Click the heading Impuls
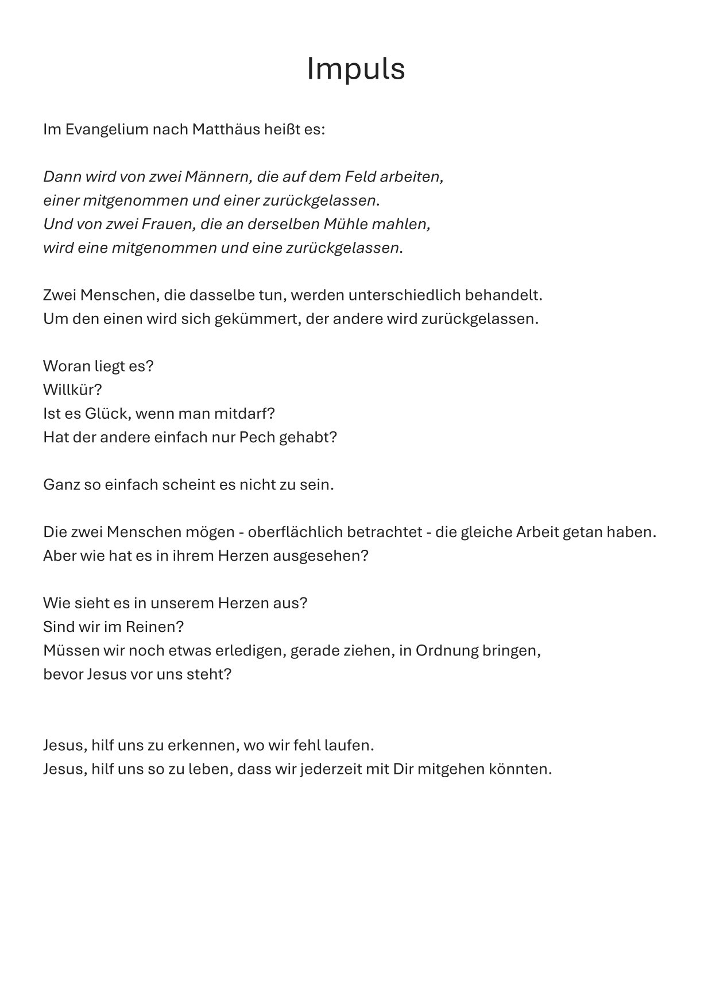pos(355,69)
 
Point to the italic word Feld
pos(360,176)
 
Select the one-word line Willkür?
pos(72,390)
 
